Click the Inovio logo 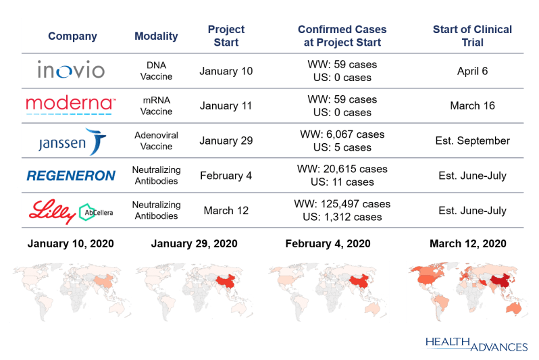tap(71, 69)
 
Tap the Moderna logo tap(71, 105)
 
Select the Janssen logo tap(72, 142)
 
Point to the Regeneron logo tap(71, 176)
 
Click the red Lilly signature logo tap(52, 211)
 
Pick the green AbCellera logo tap(96, 212)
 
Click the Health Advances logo tap(476, 344)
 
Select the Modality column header tap(156, 36)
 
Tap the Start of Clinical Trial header tap(472, 36)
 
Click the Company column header tap(72, 36)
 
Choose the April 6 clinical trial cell tap(472, 71)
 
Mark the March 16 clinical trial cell tap(472, 105)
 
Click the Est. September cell tap(472, 140)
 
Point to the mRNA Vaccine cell tap(156, 105)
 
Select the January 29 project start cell tap(226, 140)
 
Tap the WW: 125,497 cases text tap(342, 204)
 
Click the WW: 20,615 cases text tap(342, 169)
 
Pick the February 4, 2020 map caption tap(328, 243)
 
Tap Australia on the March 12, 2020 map tap(514, 308)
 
